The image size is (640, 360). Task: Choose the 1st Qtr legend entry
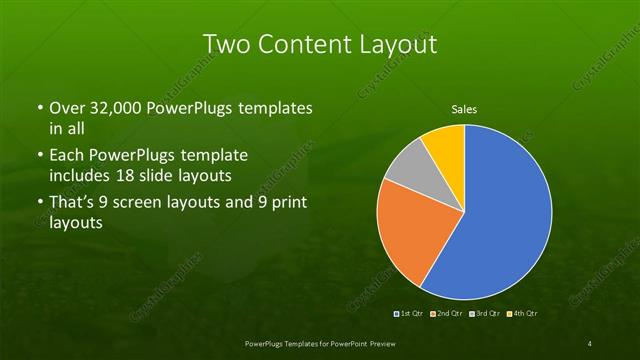coord(409,314)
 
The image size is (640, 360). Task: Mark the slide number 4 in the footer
coord(589,344)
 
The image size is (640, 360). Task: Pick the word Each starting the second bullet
coord(67,156)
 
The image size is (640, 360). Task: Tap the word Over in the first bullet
coord(67,107)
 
